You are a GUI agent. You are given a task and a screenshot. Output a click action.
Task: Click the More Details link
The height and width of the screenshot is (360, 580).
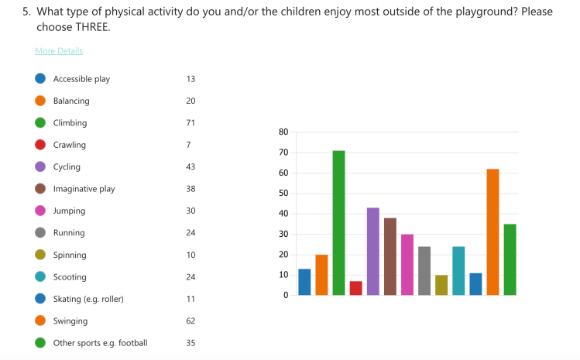[x=59, y=51]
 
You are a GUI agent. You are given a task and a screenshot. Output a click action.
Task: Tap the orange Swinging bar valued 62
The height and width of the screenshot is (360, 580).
[x=492, y=232]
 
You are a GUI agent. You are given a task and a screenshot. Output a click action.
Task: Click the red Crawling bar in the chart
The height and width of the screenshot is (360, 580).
[x=355, y=288]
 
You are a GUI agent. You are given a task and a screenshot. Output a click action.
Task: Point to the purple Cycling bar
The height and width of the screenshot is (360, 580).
[x=372, y=252]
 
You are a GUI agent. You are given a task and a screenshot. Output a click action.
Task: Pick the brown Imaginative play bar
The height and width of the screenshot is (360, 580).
[x=390, y=256]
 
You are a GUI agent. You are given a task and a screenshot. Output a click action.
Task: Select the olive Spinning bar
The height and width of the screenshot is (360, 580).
[x=441, y=285]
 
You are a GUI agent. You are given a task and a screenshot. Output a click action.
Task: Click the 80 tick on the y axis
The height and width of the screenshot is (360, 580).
[x=283, y=132]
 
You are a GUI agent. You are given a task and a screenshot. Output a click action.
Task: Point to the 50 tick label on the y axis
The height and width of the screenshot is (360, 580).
[x=283, y=194]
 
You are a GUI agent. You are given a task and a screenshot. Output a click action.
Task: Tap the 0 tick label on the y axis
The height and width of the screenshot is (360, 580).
[x=285, y=295]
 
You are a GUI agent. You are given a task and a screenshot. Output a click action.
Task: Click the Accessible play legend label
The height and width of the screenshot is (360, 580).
[x=81, y=79]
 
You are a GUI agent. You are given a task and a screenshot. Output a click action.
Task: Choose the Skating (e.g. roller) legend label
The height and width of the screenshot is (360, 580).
[x=88, y=299]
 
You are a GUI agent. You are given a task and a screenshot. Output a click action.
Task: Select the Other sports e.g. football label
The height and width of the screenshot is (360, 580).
[x=100, y=343]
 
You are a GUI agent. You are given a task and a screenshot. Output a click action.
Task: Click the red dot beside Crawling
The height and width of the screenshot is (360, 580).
[x=40, y=145]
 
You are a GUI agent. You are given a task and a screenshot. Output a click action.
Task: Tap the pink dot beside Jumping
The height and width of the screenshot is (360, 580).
[x=40, y=211]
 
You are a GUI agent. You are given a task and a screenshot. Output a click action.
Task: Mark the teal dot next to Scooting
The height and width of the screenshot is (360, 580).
[x=40, y=277]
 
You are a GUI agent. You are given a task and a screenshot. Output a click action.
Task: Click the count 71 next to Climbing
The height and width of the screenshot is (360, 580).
[x=190, y=123]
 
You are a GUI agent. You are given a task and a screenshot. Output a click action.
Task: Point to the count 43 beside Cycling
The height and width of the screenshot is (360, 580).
[x=190, y=167]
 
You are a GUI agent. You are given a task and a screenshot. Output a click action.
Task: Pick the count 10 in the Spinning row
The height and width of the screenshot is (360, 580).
[x=190, y=255]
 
